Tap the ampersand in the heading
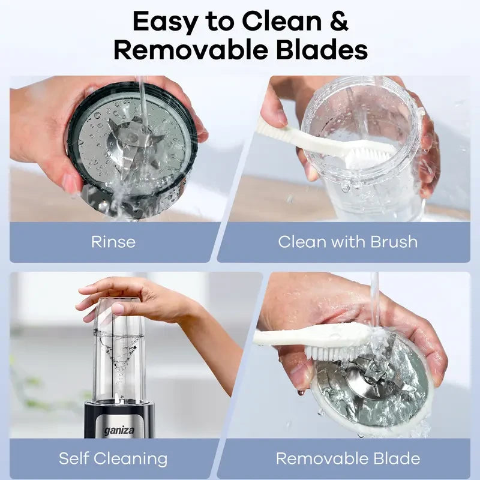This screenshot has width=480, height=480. (339, 21)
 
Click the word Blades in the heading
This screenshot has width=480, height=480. (322, 50)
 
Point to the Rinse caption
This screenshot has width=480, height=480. (113, 242)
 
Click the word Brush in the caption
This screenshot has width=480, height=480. (394, 242)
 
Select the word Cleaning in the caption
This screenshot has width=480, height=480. (131, 459)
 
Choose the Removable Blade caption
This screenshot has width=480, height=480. (348, 458)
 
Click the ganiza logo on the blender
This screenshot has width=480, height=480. (119, 431)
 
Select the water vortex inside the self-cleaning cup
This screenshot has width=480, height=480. (119, 355)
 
